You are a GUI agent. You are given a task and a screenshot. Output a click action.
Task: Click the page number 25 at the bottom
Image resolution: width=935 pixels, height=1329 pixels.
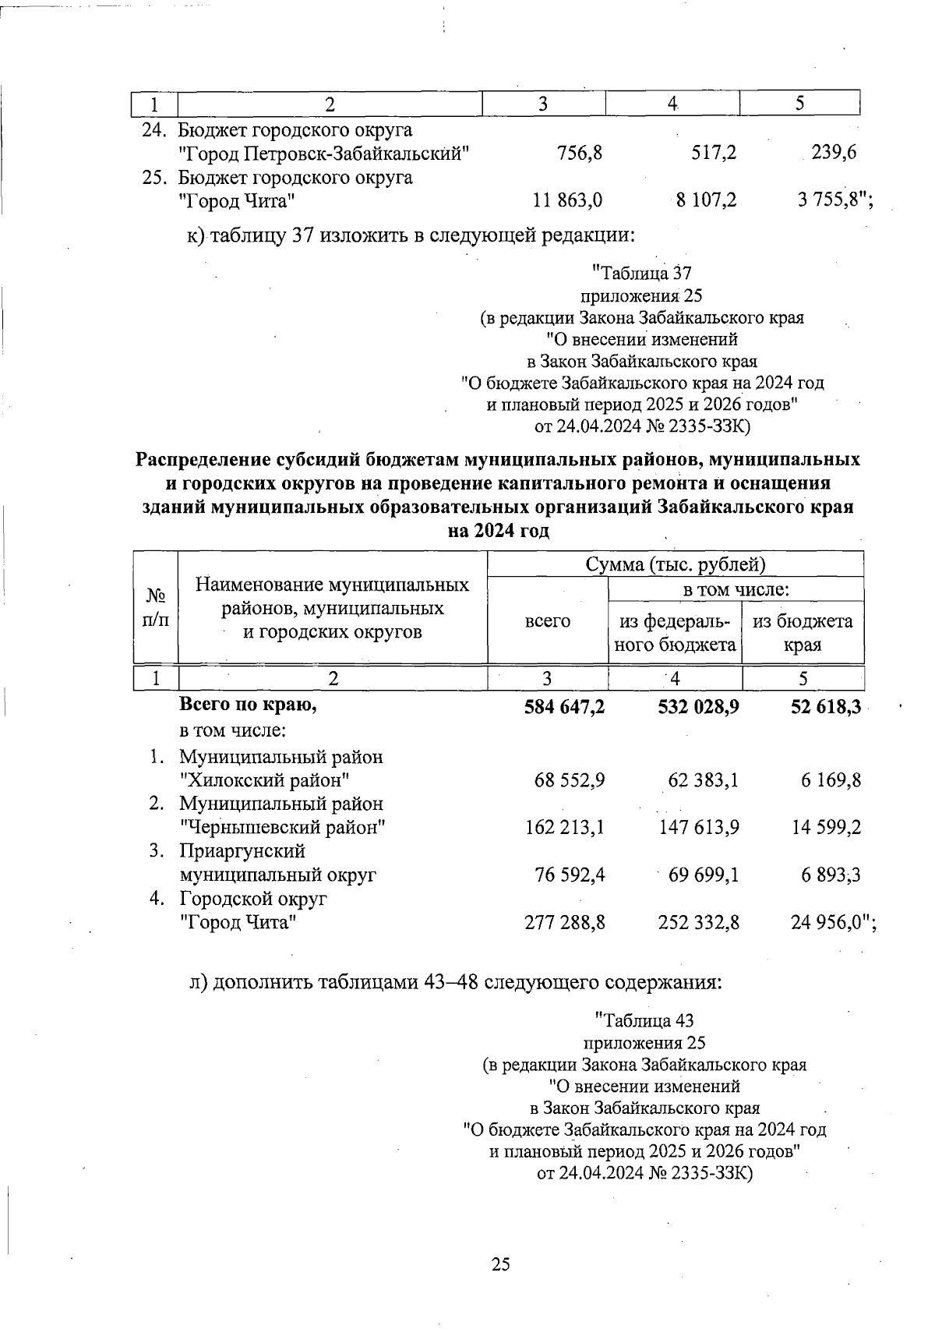[501, 1264]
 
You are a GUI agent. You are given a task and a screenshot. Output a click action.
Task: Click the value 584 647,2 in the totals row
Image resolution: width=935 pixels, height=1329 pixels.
[566, 706]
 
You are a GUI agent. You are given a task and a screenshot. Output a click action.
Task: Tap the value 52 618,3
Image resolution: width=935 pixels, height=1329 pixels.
[824, 706]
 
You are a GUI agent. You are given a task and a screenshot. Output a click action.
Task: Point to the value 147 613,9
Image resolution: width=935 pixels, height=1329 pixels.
[699, 828]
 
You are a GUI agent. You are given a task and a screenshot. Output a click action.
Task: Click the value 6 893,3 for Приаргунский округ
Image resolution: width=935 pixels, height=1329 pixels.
[831, 875]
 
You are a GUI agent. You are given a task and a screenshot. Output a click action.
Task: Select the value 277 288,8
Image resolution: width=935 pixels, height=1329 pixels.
[566, 923]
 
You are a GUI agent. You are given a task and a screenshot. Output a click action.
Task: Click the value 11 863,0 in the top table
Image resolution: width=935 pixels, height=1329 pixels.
[567, 201]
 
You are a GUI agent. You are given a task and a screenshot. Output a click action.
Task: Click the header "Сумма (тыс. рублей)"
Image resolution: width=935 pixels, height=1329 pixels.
[676, 564]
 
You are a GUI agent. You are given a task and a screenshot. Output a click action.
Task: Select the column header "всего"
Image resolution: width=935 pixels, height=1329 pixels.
[548, 620]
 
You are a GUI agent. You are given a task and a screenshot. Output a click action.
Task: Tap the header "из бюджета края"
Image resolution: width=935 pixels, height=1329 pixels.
[803, 633]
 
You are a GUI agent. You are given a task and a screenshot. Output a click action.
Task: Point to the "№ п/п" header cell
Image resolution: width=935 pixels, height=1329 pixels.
[157, 608]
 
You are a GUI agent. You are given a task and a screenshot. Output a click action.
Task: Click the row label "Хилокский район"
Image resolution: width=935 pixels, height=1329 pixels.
[264, 780]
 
